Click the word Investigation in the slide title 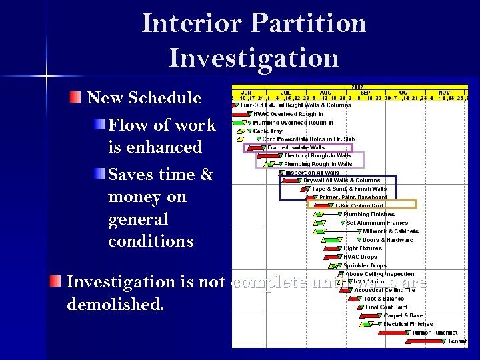[x=254, y=57]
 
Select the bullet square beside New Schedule [x=77, y=98]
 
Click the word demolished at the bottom [x=115, y=305]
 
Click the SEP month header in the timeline [x=365, y=93]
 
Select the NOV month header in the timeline [x=444, y=93]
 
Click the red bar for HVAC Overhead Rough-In [x=240, y=114]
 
